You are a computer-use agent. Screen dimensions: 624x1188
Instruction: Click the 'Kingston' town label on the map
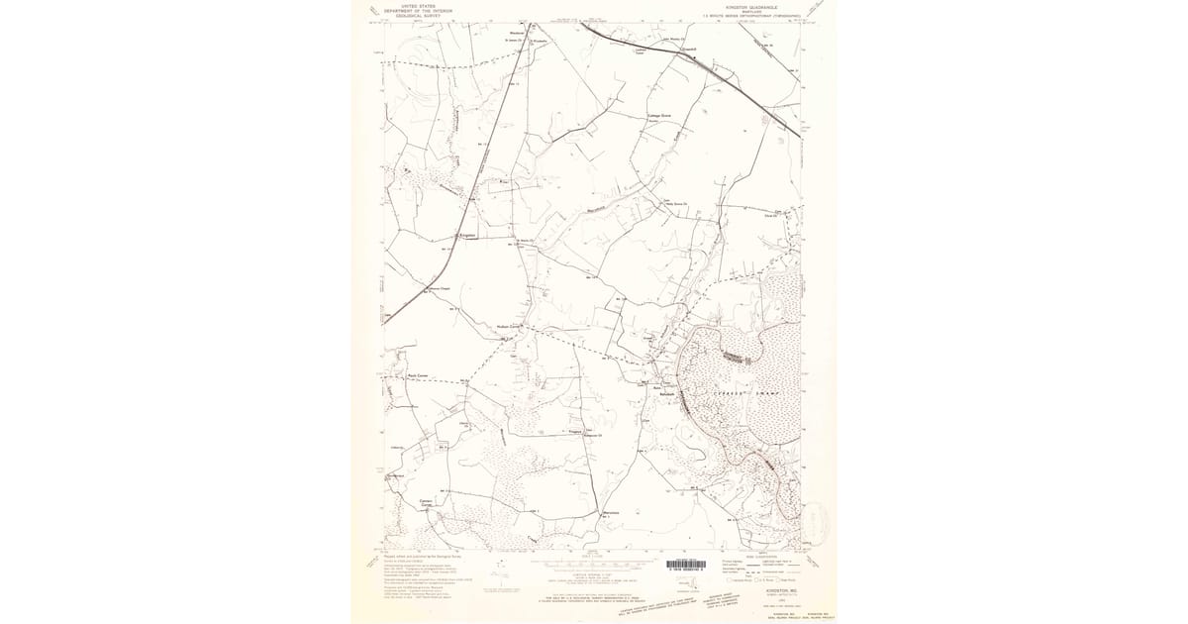[467, 235]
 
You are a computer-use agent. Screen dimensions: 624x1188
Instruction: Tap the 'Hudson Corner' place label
[508, 326]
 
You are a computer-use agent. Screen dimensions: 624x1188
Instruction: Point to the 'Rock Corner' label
[417, 375]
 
